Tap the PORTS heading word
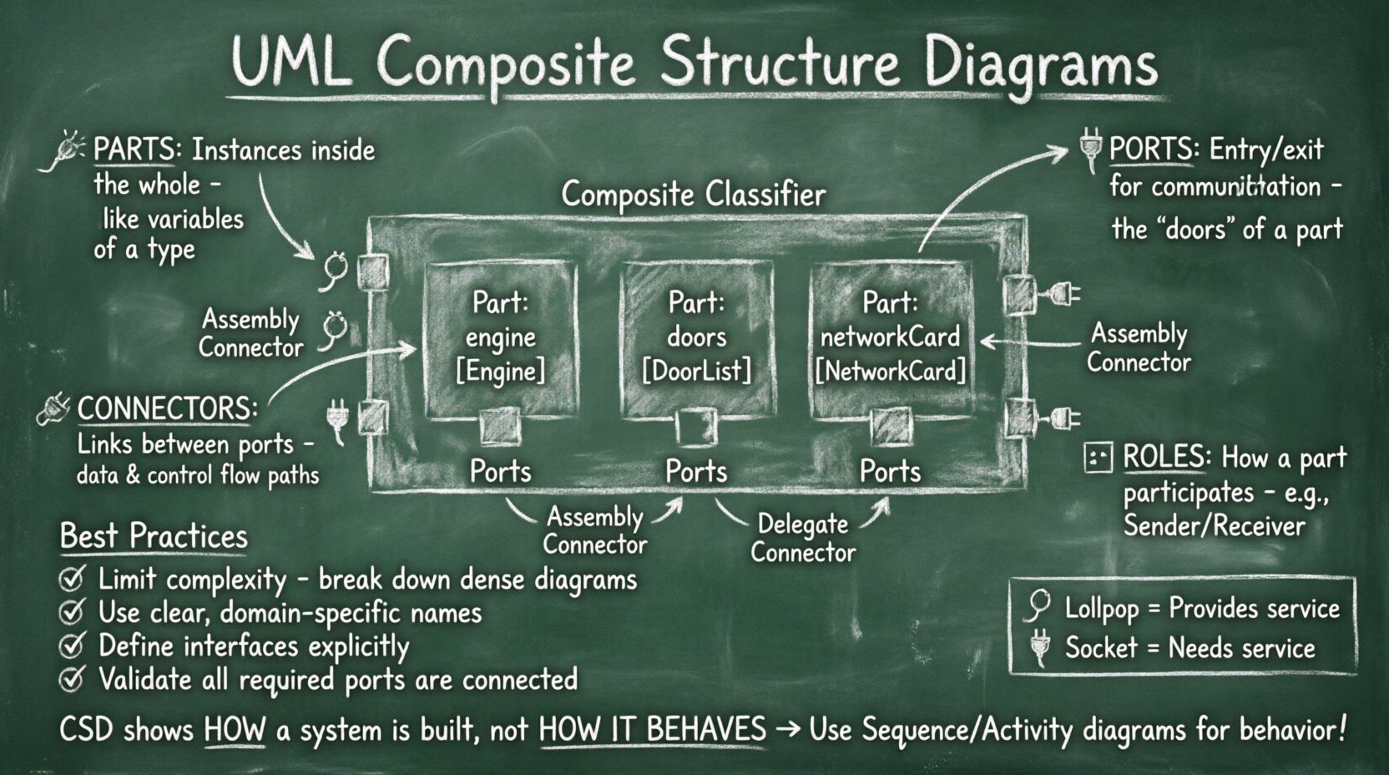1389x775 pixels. click(x=1150, y=149)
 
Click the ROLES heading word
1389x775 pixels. click(x=1165, y=457)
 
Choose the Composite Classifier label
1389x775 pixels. click(x=693, y=195)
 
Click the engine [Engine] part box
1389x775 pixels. click(x=501, y=338)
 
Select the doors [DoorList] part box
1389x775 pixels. click(x=696, y=338)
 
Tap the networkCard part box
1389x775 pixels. click(x=891, y=338)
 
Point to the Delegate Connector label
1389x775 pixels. click(x=802, y=538)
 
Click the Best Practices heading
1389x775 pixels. click(x=154, y=536)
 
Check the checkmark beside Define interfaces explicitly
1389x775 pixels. click(x=73, y=646)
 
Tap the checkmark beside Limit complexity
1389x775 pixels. click(x=73, y=578)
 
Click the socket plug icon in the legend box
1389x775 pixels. click(x=1039, y=647)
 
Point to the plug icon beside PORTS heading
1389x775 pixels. click(x=1088, y=149)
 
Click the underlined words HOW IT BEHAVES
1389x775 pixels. click(x=652, y=729)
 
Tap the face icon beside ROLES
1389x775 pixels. click(x=1098, y=458)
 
